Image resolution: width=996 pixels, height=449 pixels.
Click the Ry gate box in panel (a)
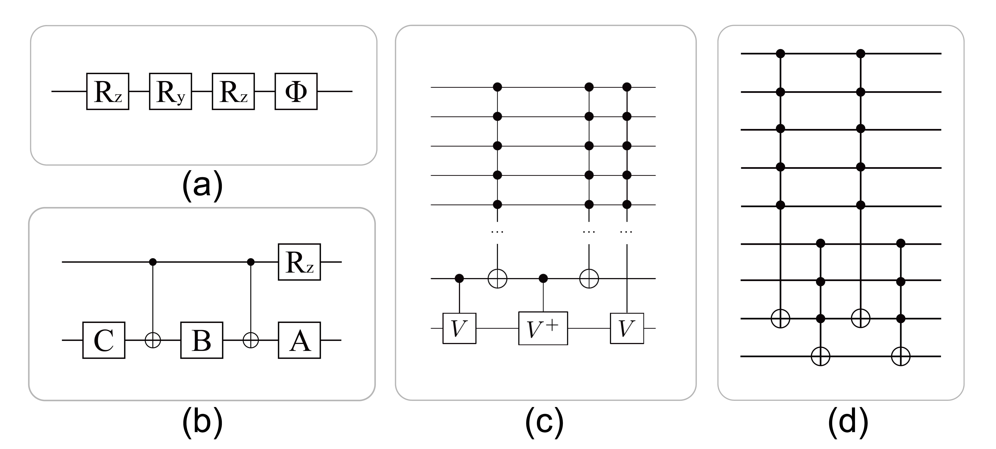pyautogui.click(x=171, y=91)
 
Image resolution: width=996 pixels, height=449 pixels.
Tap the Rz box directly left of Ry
pyautogui.click(x=107, y=91)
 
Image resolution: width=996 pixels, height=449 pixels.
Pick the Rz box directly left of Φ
pyautogui.click(x=233, y=91)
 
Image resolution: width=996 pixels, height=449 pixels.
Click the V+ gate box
pyautogui.click(x=543, y=328)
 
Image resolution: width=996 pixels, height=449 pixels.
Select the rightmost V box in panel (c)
pyautogui.click(x=627, y=328)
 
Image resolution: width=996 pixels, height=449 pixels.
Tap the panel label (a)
pyautogui.click(x=202, y=185)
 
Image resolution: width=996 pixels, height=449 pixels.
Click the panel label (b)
pyautogui.click(x=202, y=422)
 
